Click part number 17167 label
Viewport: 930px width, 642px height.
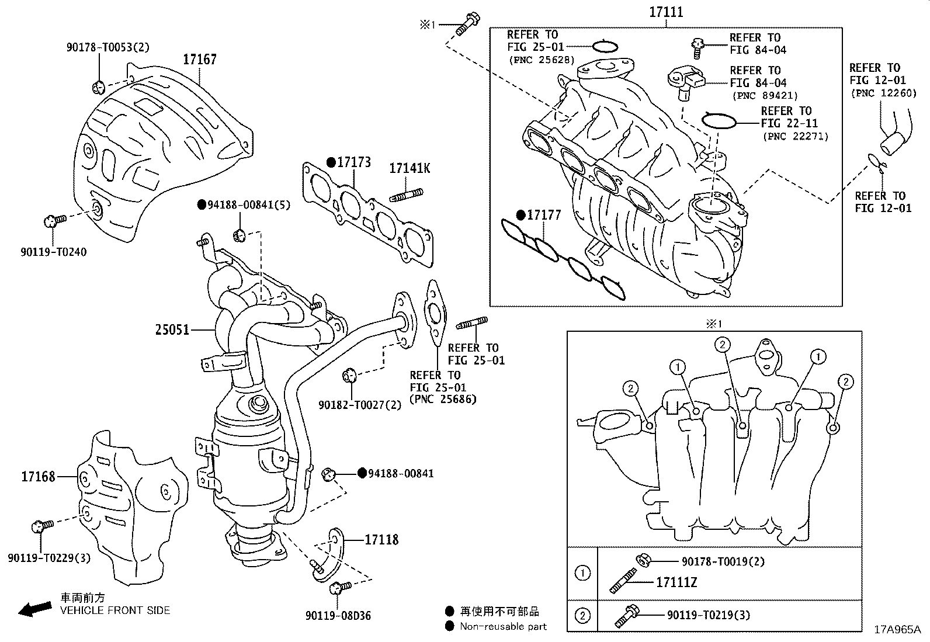[x=199, y=59]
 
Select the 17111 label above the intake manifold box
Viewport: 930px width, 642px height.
[x=666, y=12]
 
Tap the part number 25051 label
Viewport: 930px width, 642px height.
[x=172, y=329]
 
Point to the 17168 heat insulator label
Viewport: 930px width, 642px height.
[x=38, y=477]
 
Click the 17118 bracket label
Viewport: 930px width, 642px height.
[x=381, y=540]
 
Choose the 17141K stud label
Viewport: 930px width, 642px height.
[x=410, y=168]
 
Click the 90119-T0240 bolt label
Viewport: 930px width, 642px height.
[x=53, y=252]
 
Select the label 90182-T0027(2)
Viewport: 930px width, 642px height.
[x=360, y=404]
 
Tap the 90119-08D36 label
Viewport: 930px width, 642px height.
[x=338, y=616]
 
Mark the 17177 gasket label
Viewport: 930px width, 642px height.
[x=543, y=216]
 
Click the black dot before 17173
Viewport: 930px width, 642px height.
[x=330, y=162]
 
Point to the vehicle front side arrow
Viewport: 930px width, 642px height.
[x=34, y=609]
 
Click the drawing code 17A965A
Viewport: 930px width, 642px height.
[x=897, y=630]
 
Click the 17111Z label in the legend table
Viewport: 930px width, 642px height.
[x=676, y=582]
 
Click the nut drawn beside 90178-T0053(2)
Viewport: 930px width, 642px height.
[x=98, y=88]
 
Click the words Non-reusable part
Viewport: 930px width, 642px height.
[x=503, y=626]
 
